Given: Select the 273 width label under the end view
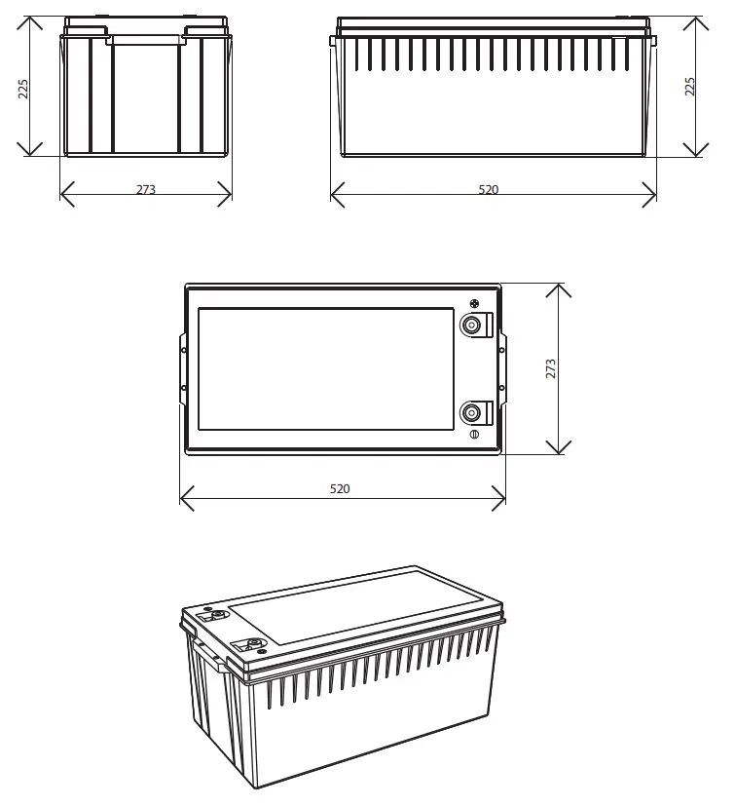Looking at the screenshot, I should [x=146, y=190].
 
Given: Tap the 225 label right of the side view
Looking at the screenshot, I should [x=690, y=87].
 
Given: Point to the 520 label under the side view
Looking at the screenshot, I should [x=489, y=190].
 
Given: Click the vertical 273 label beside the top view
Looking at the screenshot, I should [x=551, y=368].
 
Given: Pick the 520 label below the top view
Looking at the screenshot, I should [x=340, y=489].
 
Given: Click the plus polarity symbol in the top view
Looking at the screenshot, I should [x=475, y=303].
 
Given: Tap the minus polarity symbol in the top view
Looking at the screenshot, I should [x=474, y=434].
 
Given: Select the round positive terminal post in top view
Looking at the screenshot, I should [x=472, y=326].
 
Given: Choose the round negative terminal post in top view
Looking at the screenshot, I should [x=472, y=411].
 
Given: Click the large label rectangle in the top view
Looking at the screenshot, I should [x=325, y=369].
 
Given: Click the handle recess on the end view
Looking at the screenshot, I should [x=146, y=40].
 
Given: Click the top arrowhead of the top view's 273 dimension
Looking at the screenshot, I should [x=558, y=289].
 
